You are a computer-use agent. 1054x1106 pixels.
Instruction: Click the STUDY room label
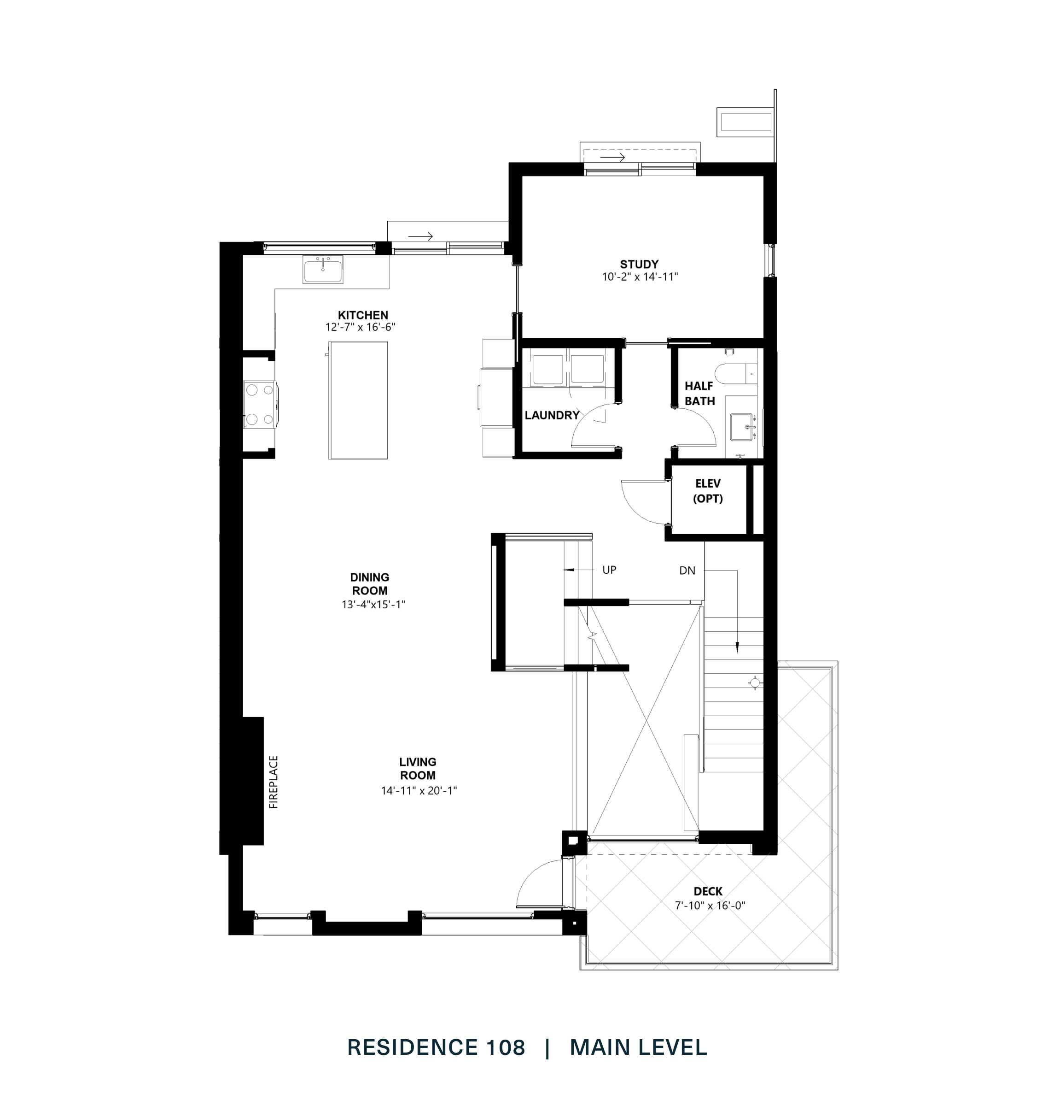point(639,264)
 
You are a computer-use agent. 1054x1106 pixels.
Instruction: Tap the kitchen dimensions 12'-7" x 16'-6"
point(360,327)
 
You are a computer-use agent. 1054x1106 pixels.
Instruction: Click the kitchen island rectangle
point(358,400)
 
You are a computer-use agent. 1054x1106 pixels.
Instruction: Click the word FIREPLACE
point(274,782)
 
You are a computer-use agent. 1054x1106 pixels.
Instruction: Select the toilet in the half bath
point(733,373)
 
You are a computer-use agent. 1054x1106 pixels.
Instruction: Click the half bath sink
point(743,427)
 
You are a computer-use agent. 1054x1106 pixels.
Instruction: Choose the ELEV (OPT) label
point(707,491)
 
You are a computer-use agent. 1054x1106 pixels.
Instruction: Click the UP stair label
point(609,570)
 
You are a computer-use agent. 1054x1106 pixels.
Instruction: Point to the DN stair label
point(687,571)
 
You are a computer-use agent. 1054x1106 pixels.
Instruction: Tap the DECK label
point(707,891)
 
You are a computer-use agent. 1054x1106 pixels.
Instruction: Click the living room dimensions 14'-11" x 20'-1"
point(419,791)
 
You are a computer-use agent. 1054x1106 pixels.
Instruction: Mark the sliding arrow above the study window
point(612,158)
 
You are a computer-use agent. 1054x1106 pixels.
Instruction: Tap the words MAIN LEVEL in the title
point(638,1047)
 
